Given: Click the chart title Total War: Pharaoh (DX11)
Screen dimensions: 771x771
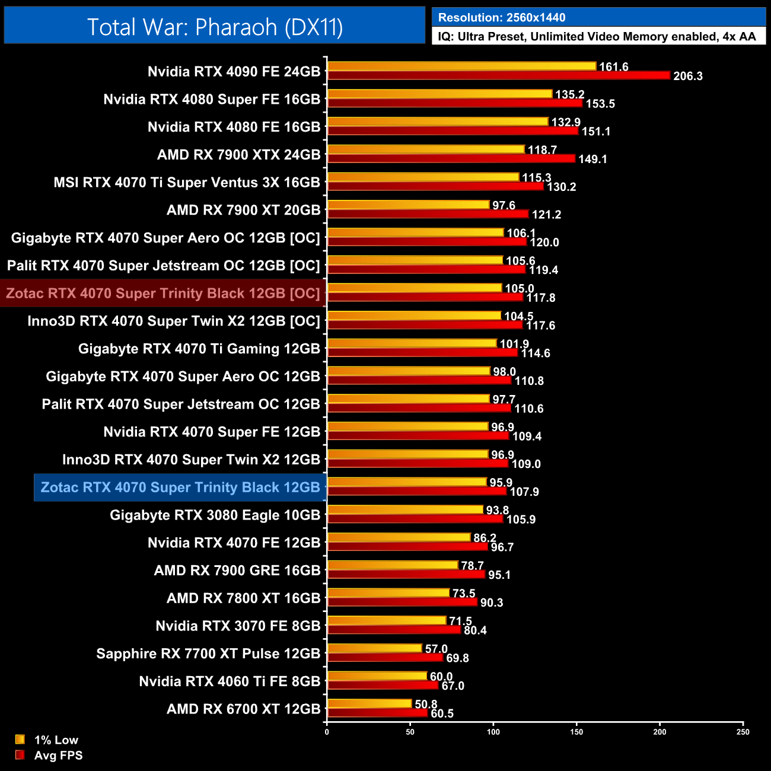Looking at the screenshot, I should pos(215,27).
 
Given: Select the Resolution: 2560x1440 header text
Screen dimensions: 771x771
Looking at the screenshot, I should pos(502,17).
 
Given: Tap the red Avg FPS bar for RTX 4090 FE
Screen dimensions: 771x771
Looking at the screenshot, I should pos(498,75).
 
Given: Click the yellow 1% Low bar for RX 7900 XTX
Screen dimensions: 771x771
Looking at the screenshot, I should pos(426,149).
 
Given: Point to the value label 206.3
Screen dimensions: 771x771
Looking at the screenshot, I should pos(688,76).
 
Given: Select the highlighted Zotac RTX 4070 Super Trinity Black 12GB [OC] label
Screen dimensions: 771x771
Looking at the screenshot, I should pos(163,294).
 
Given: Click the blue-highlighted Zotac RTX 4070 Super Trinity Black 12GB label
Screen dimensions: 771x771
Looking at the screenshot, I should pos(180,488).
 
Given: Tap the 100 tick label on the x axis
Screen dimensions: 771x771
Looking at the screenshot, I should pos(493,732).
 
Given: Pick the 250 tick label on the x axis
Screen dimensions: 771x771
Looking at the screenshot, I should pos(743,732).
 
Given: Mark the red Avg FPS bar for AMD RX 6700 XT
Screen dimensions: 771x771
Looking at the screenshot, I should pos(377,713).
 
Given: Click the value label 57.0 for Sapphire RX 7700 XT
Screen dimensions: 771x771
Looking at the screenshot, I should pos(437,649).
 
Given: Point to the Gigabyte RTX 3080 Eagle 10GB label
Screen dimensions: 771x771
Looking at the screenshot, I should pos(215,515).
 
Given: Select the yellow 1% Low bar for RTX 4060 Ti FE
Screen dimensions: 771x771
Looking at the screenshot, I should pos(377,676).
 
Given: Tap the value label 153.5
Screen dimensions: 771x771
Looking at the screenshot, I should pos(600,104).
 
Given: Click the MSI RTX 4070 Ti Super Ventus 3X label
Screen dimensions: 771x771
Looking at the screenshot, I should pos(187,183).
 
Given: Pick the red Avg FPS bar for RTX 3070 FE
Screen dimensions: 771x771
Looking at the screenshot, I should pos(394,630).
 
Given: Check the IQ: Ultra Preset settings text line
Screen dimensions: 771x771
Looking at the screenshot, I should pos(597,37).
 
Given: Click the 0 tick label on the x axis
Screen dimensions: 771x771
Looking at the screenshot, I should pos(327,732).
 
